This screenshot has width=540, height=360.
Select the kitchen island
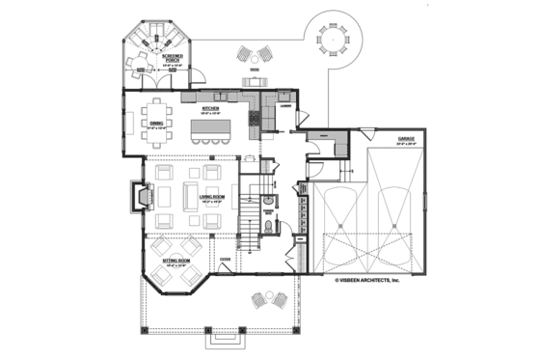point(210,128)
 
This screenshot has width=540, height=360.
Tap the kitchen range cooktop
point(254,119)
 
